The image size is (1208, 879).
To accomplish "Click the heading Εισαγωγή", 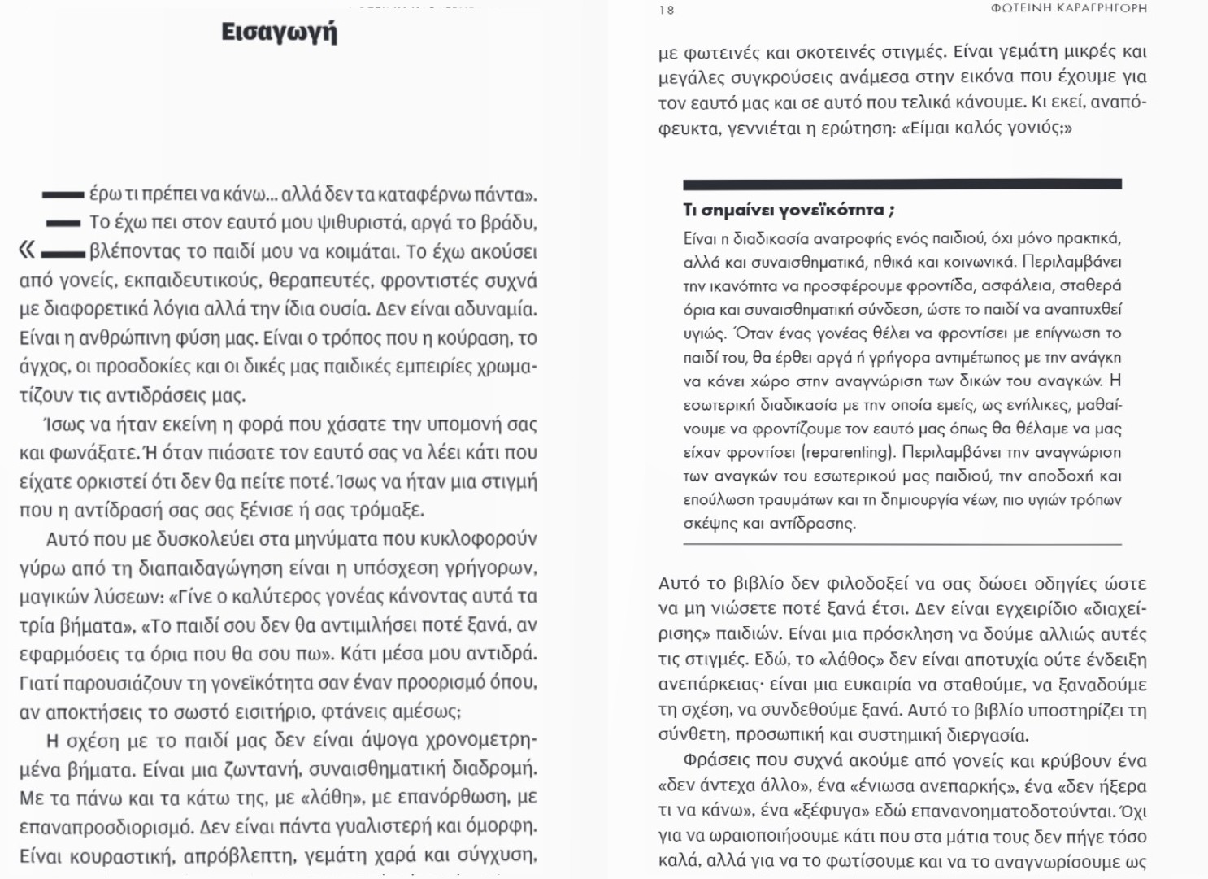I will point(279,33).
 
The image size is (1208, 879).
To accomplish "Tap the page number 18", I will point(667,10).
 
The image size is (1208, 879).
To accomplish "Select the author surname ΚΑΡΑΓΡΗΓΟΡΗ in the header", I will point(1097,8).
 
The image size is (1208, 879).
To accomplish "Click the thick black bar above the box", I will point(902,185).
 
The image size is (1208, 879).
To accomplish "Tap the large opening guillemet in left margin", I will point(27,250).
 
